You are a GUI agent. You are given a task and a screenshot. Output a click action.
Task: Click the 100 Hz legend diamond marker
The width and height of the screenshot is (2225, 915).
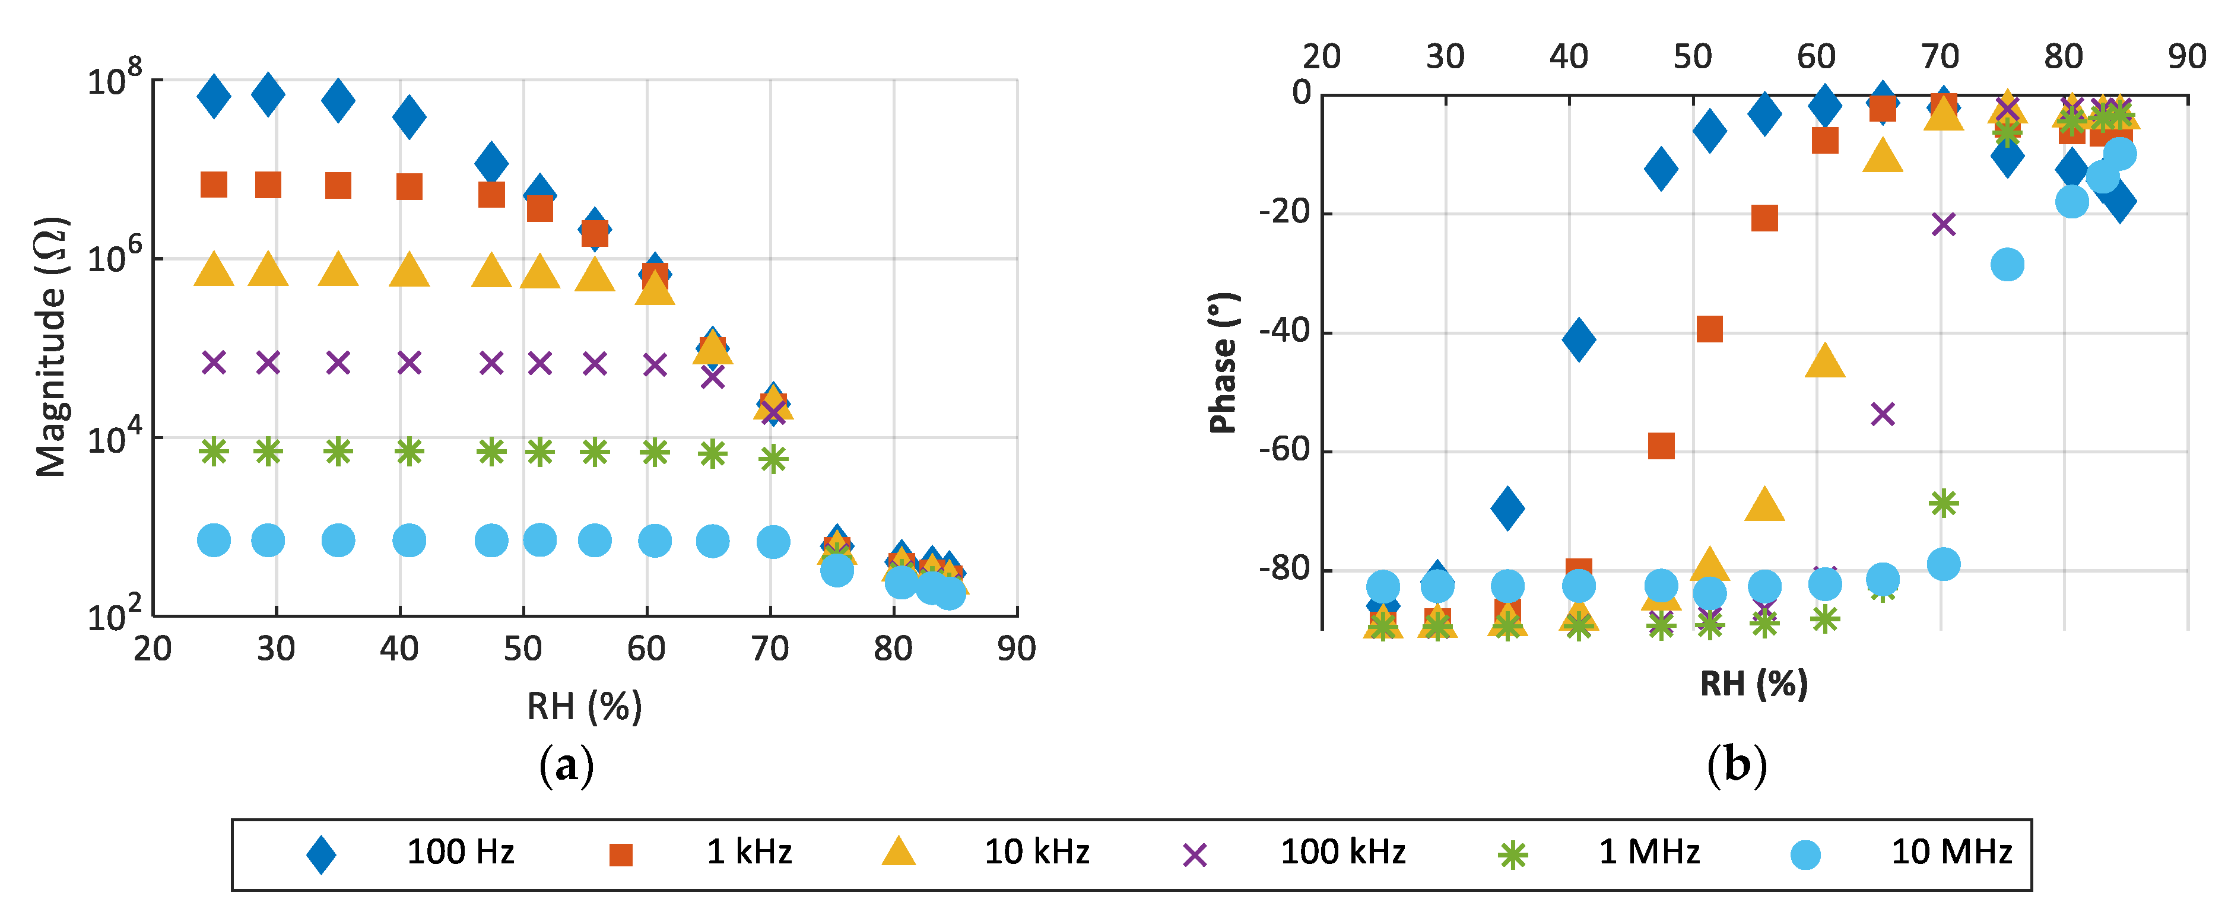(x=321, y=854)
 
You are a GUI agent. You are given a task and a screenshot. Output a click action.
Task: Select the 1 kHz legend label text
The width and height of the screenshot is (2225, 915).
(x=749, y=852)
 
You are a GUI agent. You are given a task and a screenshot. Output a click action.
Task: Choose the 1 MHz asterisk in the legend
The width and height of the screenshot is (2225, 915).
(x=1512, y=854)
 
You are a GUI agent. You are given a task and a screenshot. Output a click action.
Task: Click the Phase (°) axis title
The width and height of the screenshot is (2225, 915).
(x=1223, y=363)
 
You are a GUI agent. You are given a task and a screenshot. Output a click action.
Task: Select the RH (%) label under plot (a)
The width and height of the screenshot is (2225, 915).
(x=585, y=706)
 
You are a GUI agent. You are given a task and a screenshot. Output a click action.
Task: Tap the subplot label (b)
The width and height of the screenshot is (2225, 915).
(x=1737, y=765)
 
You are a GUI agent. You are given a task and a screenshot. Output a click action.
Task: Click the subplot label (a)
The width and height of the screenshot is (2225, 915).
(x=567, y=765)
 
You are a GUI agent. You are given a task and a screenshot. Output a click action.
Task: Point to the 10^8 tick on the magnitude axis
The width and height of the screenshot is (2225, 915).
(x=115, y=80)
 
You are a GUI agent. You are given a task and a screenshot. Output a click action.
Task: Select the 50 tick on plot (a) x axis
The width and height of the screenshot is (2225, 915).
(x=522, y=648)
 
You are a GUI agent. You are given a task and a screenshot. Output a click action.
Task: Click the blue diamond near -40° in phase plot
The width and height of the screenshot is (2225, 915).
(x=1578, y=338)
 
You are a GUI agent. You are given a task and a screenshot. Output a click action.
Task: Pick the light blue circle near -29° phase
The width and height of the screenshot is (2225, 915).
(x=2007, y=264)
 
